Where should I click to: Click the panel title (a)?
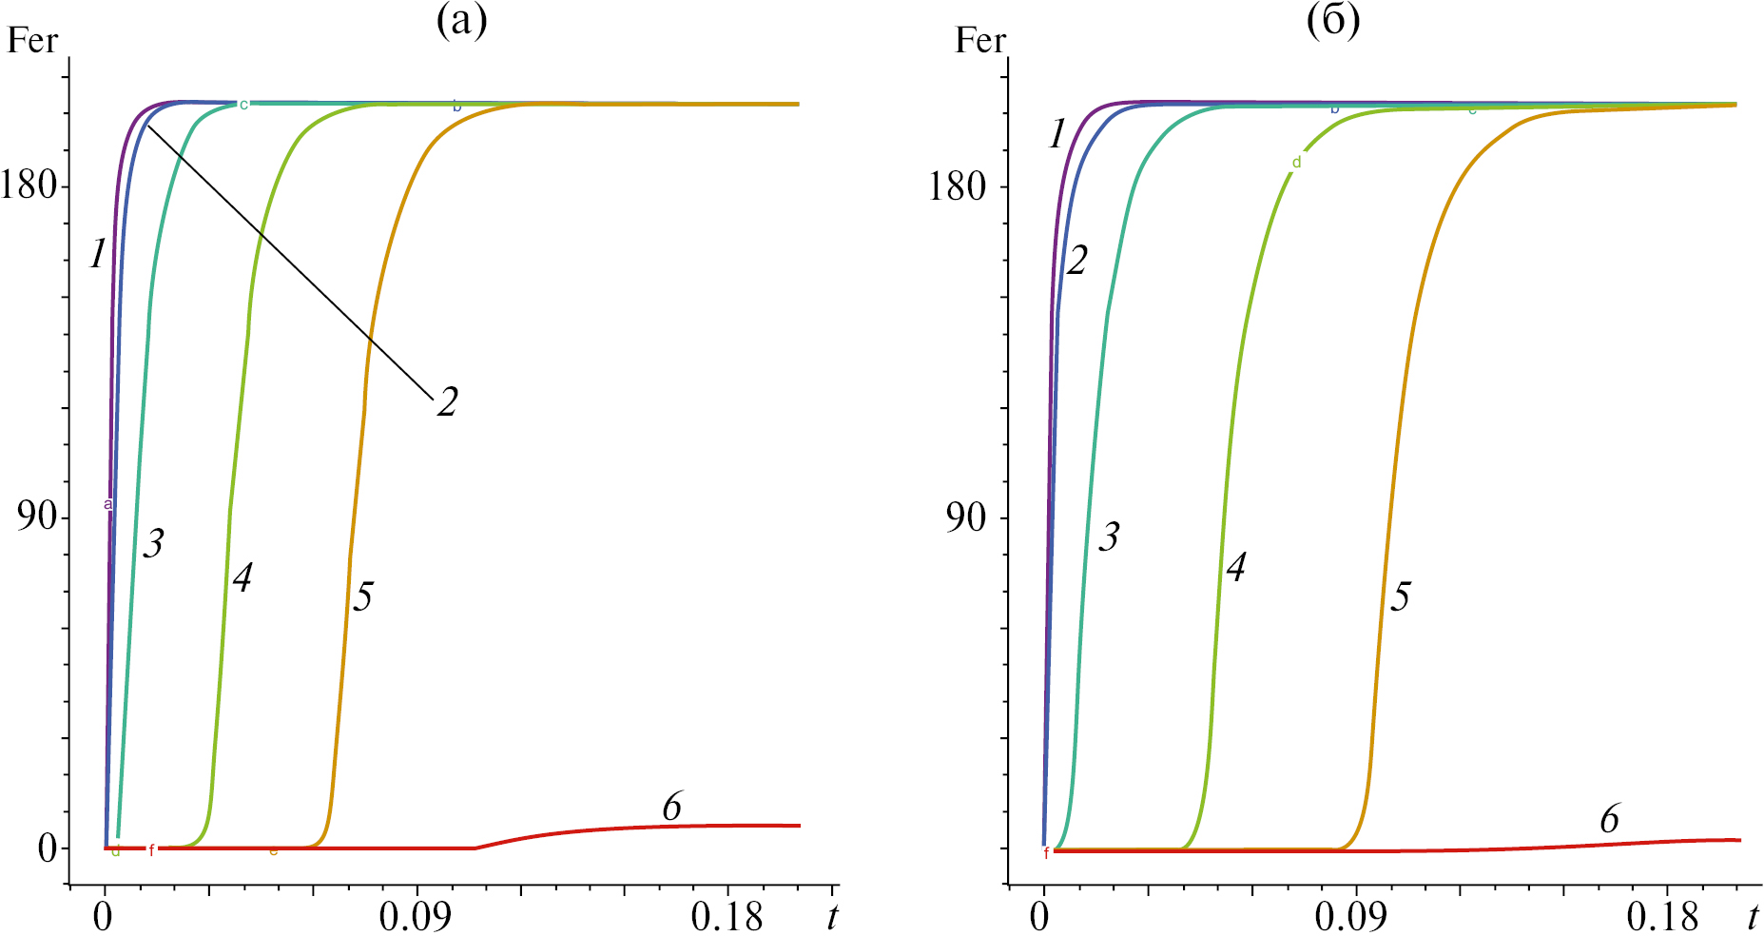click(x=461, y=22)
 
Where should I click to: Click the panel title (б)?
click(x=1333, y=22)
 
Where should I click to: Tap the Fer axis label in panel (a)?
click(x=32, y=41)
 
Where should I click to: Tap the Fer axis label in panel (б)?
click(x=980, y=41)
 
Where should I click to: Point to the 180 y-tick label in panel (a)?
click(x=29, y=185)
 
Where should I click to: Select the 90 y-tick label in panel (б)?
click(x=965, y=517)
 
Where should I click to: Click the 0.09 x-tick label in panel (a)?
click(x=417, y=917)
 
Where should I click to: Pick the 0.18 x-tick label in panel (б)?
click(x=1661, y=917)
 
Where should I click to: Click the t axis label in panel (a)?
click(x=832, y=917)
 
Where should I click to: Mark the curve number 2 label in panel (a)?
click(x=447, y=402)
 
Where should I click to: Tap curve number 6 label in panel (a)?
click(x=671, y=808)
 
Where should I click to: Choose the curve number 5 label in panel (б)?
click(x=1400, y=597)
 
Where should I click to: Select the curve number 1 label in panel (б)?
click(x=1056, y=135)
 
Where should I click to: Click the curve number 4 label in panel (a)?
click(x=242, y=577)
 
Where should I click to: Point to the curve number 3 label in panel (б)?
click(x=1109, y=537)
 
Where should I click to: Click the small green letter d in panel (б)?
click(x=1296, y=163)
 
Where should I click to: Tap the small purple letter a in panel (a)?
click(x=108, y=504)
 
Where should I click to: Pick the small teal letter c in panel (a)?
click(x=243, y=105)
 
